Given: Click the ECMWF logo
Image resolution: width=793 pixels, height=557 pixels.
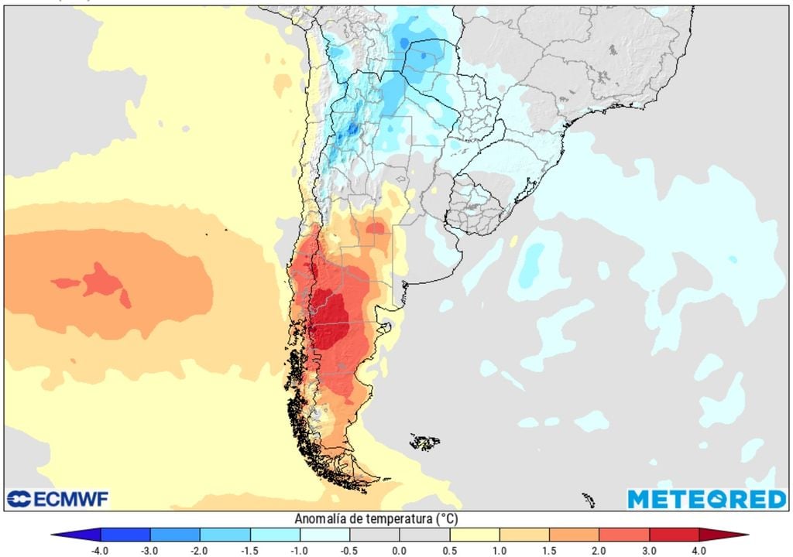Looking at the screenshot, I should click(x=57, y=499).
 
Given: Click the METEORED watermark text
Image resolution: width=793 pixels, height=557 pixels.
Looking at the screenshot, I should click(x=706, y=499).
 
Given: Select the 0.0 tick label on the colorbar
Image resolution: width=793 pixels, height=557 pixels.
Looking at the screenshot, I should click(x=400, y=550).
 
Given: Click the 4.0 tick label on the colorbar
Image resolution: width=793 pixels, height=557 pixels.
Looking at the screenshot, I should click(x=699, y=550).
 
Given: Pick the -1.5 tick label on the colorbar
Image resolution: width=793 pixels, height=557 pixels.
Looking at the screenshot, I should click(x=250, y=550).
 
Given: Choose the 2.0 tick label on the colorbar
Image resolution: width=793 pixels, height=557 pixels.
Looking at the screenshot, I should click(x=599, y=550).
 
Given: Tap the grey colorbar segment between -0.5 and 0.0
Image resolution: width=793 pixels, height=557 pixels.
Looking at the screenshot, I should click(x=375, y=535).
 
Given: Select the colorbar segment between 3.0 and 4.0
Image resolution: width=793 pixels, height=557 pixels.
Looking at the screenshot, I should click(x=674, y=535).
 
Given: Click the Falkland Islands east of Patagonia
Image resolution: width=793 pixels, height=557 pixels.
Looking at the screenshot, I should click(x=424, y=443).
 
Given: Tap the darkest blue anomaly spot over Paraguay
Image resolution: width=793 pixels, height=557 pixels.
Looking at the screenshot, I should click(x=423, y=54).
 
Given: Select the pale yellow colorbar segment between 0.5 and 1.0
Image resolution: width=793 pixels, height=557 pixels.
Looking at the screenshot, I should click(x=474, y=535).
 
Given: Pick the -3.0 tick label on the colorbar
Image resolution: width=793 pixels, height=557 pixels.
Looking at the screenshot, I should click(x=150, y=550).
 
